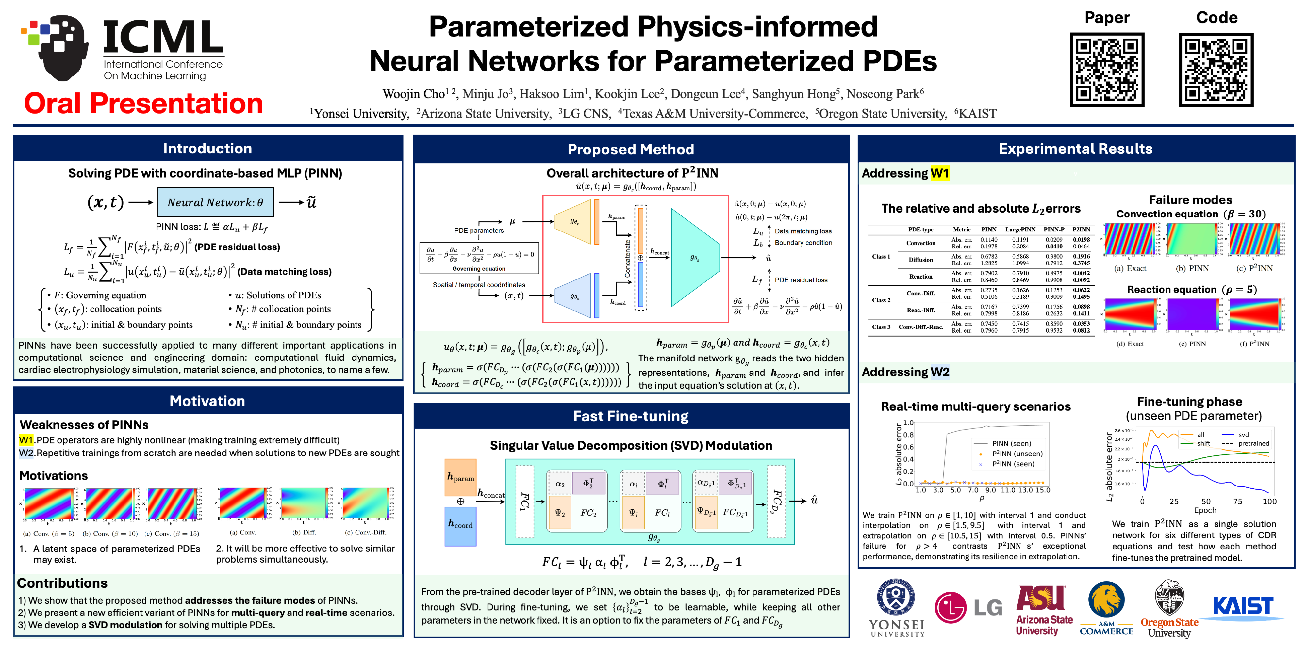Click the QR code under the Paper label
[x=1107, y=70]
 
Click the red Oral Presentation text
[x=143, y=104]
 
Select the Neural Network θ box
[x=216, y=202]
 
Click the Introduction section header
[x=207, y=149]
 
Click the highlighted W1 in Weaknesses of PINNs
[x=26, y=440]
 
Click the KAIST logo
[x=1243, y=606]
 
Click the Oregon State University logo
[x=1169, y=608]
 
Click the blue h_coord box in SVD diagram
[x=460, y=526]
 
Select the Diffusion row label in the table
[x=920, y=260]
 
